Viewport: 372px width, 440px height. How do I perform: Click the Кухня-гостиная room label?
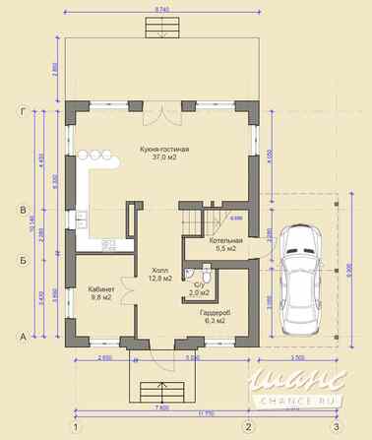point(164,149)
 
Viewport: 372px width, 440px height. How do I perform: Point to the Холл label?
point(159,270)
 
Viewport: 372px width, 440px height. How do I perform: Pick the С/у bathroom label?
point(199,284)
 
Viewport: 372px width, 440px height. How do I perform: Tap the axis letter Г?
point(21,110)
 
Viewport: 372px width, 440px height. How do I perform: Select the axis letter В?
point(21,210)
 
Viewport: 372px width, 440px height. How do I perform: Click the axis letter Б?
point(21,260)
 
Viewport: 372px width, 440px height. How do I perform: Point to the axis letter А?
point(21,336)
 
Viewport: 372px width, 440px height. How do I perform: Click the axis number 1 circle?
point(74,426)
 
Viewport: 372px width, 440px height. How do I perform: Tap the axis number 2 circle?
point(249,426)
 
